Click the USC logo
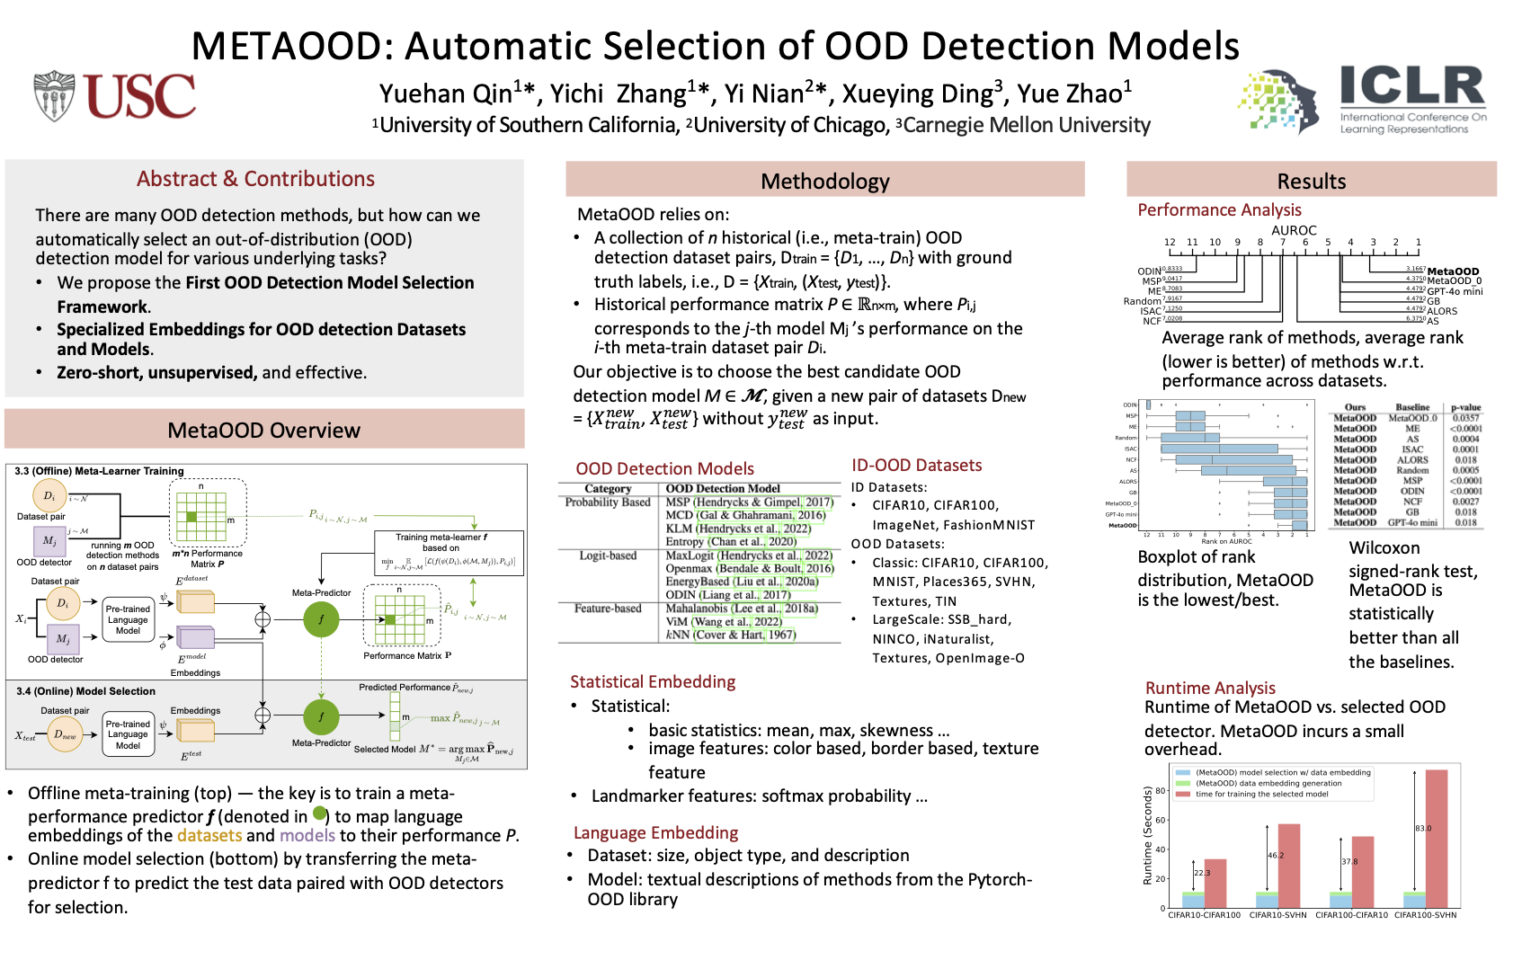pyautogui.click(x=114, y=96)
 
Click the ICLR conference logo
pyautogui.click(x=1361, y=99)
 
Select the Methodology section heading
pyautogui.click(x=824, y=182)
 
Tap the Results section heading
pyautogui.click(x=1311, y=182)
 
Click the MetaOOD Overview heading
pyautogui.click(x=263, y=431)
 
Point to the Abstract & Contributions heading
pyautogui.click(x=255, y=179)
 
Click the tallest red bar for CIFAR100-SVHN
pyautogui.click(x=1436, y=838)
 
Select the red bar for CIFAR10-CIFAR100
pyautogui.click(x=1215, y=883)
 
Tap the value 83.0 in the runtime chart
pyautogui.click(x=1423, y=828)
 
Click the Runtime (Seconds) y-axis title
pyautogui.click(x=1148, y=836)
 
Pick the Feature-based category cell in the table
pyautogui.click(x=608, y=609)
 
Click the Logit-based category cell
pyautogui.click(x=608, y=556)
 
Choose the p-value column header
pyautogui.click(x=1465, y=407)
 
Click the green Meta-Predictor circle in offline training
pyautogui.click(x=321, y=619)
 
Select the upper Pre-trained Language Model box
pyautogui.click(x=128, y=619)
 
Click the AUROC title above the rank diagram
pyautogui.click(x=1294, y=230)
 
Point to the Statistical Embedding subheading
pyautogui.click(x=653, y=681)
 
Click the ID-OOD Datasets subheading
pyautogui.click(x=916, y=465)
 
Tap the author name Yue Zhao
pyautogui.click(x=1073, y=93)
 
